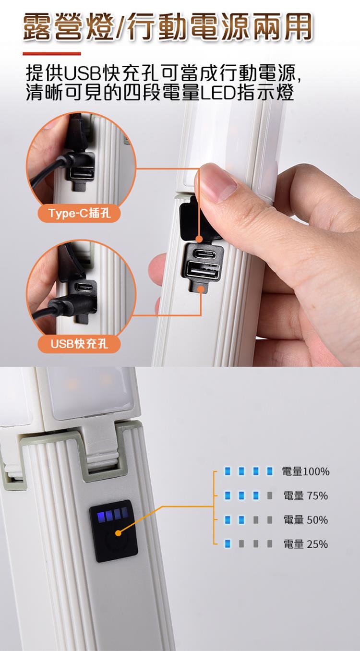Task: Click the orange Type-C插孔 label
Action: tap(79, 214)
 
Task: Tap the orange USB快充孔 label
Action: tap(79, 344)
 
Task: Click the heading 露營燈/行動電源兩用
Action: tap(168, 27)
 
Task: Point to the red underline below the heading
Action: tap(52, 53)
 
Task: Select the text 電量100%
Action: tap(306, 471)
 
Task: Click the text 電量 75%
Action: tap(306, 495)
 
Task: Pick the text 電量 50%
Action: tap(306, 520)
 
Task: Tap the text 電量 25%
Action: tap(306, 544)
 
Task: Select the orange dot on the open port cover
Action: tap(199, 239)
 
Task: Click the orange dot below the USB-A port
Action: tap(201, 289)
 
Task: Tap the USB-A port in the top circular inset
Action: tap(82, 173)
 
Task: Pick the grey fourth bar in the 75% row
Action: tap(270, 495)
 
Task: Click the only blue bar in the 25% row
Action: tap(228, 544)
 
